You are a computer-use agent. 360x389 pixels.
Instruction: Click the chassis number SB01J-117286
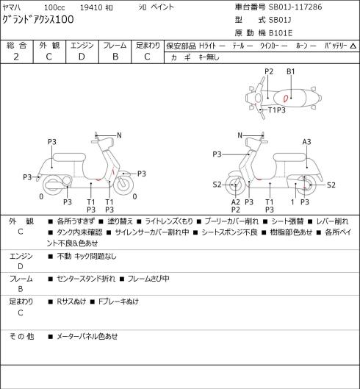tap(295, 7)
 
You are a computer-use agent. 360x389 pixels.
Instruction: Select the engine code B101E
tap(281, 33)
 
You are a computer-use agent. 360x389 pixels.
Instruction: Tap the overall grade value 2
tap(16, 57)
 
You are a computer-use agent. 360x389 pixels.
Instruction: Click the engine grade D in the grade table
tap(82, 57)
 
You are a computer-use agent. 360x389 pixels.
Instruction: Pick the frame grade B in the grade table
tap(115, 57)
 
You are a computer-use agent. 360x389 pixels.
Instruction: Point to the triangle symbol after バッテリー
tap(353, 46)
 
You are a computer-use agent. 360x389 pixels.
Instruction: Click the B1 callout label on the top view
tap(291, 72)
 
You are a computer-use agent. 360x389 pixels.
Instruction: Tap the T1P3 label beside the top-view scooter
tap(277, 110)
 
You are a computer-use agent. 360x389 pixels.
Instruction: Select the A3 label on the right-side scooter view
tap(306, 142)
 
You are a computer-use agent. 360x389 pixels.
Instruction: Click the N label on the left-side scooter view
tap(119, 135)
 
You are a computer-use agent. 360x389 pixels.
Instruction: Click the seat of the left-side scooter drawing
tap(69, 157)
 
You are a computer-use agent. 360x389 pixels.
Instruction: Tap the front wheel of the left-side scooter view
tap(123, 185)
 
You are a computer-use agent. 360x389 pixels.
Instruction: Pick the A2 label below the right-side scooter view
tap(236, 202)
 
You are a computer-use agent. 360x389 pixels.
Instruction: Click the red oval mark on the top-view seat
tap(285, 99)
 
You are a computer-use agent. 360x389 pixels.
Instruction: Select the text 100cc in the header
tap(54, 7)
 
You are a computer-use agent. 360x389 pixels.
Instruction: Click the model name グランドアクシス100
tap(38, 20)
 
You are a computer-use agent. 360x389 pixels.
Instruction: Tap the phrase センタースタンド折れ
tap(86, 279)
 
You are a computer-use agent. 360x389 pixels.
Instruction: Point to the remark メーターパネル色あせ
tap(87, 337)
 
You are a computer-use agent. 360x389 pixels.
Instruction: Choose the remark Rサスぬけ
tap(71, 301)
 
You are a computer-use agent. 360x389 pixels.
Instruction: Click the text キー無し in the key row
tap(209, 57)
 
